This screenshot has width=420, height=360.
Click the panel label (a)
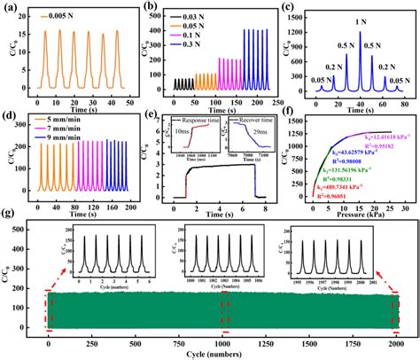pyautogui.click(x=11, y=8)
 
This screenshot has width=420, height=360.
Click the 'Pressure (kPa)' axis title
pyautogui.click(x=356, y=214)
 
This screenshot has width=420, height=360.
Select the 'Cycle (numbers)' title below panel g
pyautogui.click(x=223, y=356)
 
